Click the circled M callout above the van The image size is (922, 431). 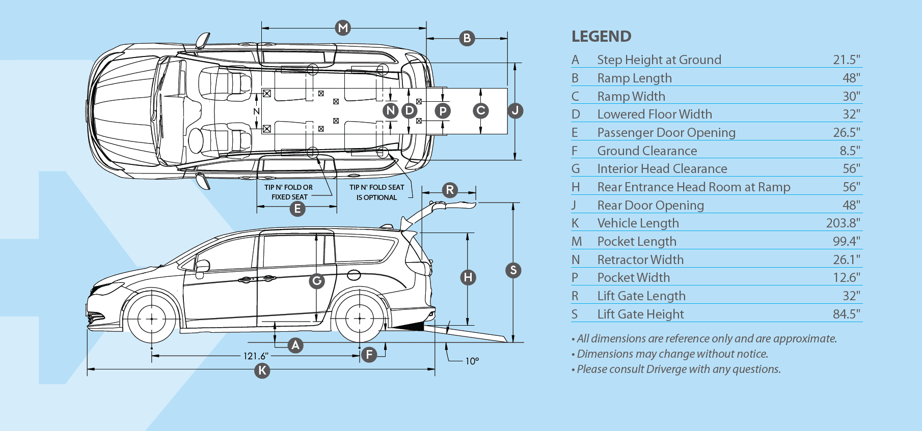(343, 27)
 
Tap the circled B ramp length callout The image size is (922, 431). (467, 38)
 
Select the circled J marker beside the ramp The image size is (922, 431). (516, 110)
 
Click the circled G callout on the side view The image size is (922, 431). (317, 280)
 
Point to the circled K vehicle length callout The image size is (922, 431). (262, 370)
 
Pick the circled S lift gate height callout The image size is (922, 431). (513, 270)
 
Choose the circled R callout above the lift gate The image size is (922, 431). (450, 190)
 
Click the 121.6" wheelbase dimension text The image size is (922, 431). (255, 356)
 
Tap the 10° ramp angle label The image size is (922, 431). (472, 361)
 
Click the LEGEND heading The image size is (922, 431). (601, 37)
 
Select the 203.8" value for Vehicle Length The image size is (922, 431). (843, 223)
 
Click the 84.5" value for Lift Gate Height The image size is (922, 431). (846, 314)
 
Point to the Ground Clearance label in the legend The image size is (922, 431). (647, 151)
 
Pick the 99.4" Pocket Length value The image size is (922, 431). (846, 241)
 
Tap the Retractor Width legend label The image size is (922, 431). (640, 260)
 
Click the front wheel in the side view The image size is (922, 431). (152, 319)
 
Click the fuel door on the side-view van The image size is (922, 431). (354, 275)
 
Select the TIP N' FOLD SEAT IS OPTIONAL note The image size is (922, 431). (376, 192)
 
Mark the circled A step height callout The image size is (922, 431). (295, 346)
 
